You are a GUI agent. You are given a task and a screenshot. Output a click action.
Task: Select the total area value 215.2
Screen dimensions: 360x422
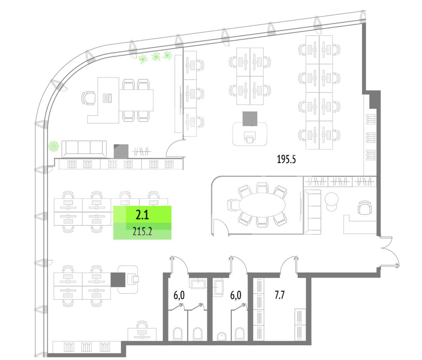click(x=142, y=232)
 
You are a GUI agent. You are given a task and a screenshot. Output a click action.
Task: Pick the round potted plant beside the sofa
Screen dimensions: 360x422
click(x=54, y=146)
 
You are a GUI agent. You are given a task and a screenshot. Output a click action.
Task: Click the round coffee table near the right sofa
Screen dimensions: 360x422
click(x=332, y=199)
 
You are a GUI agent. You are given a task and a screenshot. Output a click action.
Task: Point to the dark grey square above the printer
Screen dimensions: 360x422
click(x=250, y=118)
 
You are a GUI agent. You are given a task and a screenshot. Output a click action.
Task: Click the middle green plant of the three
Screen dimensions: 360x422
click(x=156, y=57)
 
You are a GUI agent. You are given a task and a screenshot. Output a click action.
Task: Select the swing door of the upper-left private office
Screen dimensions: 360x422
click(x=174, y=149)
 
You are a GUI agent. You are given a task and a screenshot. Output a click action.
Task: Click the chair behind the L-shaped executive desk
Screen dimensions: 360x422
click(x=89, y=97)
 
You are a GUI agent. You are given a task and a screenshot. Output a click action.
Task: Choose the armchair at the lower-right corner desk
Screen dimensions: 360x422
click(x=364, y=209)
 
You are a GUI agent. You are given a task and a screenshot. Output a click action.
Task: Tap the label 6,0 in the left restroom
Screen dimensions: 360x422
click(x=179, y=296)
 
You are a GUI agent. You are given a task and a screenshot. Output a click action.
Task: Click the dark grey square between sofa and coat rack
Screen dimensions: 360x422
click(x=121, y=151)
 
